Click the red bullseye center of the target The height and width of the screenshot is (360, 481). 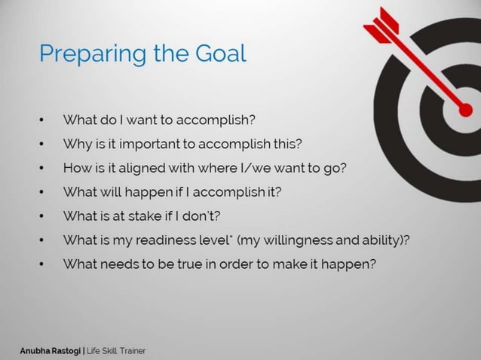tap(465, 111)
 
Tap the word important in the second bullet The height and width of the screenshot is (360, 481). tap(143, 143)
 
